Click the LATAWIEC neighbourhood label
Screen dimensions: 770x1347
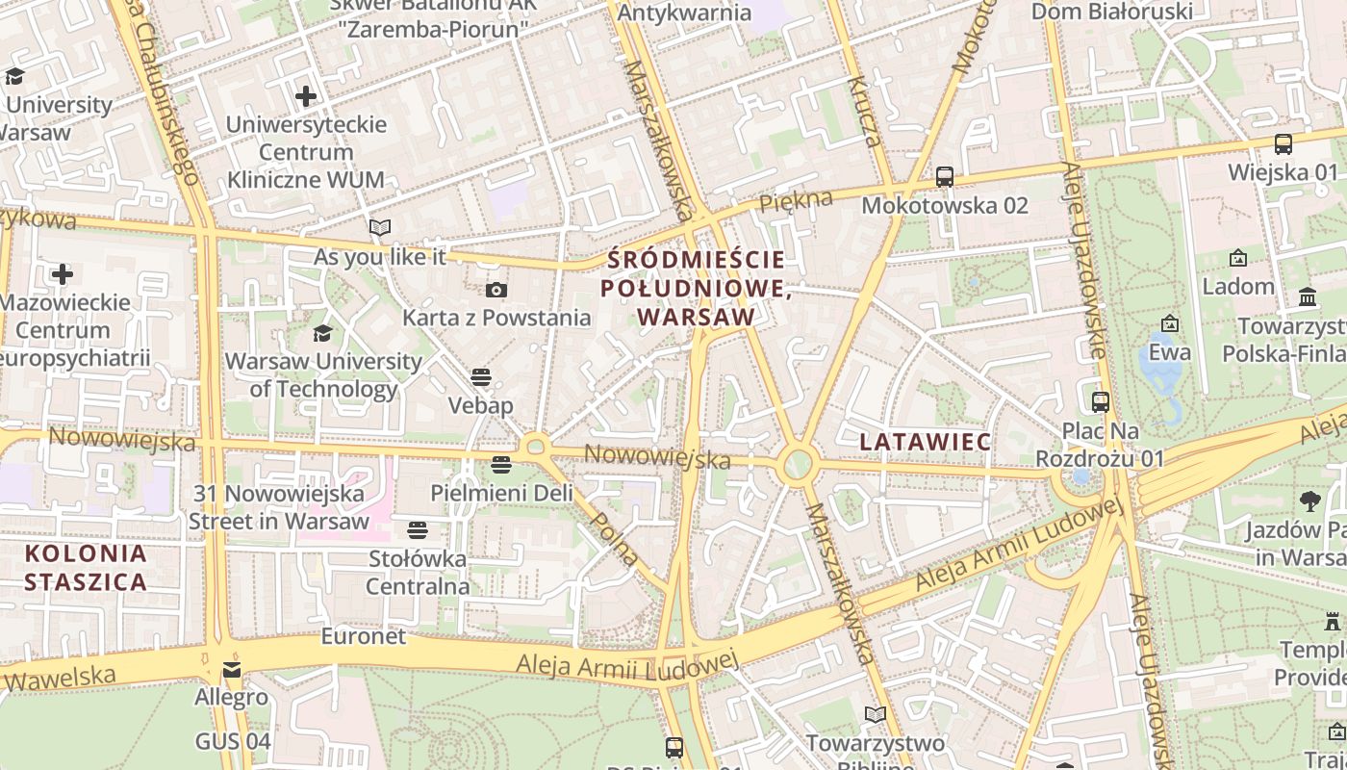pyautogui.click(x=925, y=442)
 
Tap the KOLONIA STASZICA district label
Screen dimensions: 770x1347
pyautogui.click(x=86, y=567)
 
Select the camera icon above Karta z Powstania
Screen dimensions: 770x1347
pyautogui.click(x=496, y=290)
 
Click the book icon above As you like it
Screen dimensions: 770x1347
pyautogui.click(x=380, y=228)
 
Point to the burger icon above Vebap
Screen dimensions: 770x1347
pyautogui.click(x=481, y=377)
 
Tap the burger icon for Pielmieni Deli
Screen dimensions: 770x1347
pyautogui.click(x=500, y=465)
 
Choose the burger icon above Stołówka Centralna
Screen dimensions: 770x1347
pyautogui.click(x=417, y=529)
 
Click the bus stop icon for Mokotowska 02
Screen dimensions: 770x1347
pyautogui.click(x=945, y=177)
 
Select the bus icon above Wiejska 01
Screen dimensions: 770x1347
pyautogui.click(x=1283, y=144)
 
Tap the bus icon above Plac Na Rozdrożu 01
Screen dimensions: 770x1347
pyautogui.click(x=1101, y=402)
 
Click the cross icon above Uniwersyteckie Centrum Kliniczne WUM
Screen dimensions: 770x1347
pyautogui.click(x=306, y=96)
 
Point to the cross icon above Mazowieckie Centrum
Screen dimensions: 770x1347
pyautogui.click(x=63, y=274)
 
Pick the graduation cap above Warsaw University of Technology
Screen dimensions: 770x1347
pyautogui.click(x=322, y=333)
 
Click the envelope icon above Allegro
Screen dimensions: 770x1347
pyautogui.click(x=232, y=669)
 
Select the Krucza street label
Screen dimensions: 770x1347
pyautogui.click(x=863, y=112)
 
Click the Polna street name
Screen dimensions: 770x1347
pyautogui.click(x=613, y=539)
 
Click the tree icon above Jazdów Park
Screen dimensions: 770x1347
pyautogui.click(x=1309, y=500)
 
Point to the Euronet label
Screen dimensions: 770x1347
pyautogui.click(x=363, y=636)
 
